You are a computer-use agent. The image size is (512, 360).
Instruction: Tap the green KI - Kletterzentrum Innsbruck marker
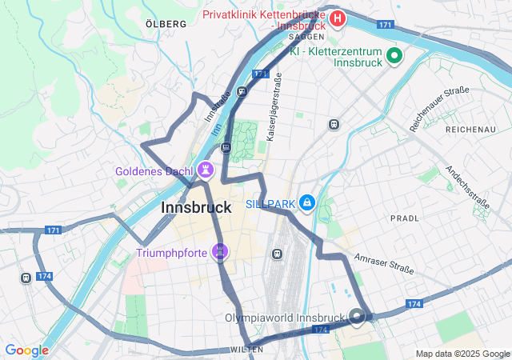click(394, 56)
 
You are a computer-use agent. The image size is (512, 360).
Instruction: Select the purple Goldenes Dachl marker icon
click(206, 170)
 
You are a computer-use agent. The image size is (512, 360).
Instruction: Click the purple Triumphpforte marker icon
click(220, 254)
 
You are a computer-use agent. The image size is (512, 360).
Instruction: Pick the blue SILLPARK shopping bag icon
click(306, 204)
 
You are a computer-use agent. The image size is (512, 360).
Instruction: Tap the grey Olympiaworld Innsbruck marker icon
click(357, 317)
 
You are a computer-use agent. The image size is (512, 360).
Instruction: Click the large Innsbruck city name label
click(196, 207)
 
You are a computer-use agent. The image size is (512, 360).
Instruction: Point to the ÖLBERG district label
click(166, 24)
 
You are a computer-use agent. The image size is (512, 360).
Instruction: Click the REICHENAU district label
click(471, 129)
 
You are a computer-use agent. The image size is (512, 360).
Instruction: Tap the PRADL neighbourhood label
click(404, 218)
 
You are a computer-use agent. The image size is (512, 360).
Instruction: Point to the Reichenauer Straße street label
click(438, 109)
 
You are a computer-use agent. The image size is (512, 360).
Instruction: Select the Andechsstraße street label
click(468, 186)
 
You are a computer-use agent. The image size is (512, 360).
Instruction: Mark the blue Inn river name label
click(216, 128)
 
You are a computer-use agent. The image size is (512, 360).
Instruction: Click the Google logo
click(26, 350)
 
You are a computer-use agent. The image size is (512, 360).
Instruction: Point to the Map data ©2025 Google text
click(462, 354)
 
